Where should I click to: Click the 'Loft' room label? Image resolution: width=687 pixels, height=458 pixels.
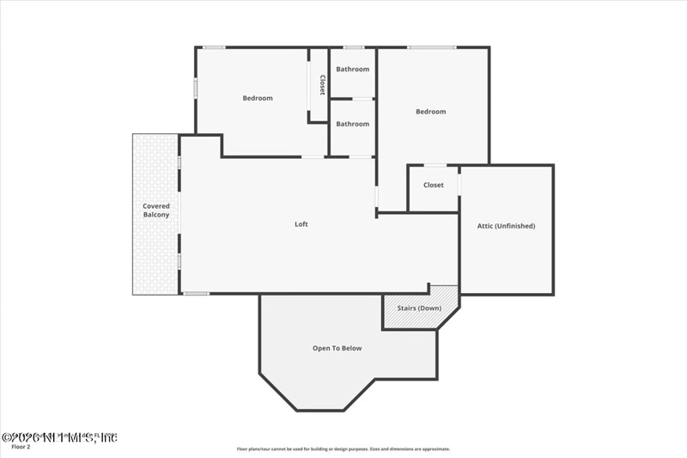tap(301, 224)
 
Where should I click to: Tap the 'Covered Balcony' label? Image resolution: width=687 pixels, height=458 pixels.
tap(155, 211)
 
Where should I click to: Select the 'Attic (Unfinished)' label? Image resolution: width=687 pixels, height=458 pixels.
tap(506, 226)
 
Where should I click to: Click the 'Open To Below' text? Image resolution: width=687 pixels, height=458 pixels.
tap(337, 348)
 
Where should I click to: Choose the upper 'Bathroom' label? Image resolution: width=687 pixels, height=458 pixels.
tap(352, 70)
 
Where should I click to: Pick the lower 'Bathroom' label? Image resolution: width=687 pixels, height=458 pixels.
tap(352, 124)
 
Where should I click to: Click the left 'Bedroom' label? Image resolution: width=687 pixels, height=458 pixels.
tap(257, 98)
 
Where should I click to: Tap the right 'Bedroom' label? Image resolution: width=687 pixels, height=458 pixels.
tap(430, 112)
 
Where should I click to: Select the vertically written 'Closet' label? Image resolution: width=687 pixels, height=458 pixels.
tap(322, 84)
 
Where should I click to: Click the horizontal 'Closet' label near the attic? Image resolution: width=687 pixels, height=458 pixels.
tap(433, 185)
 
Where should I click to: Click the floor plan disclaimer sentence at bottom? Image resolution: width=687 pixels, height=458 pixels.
tap(343, 449)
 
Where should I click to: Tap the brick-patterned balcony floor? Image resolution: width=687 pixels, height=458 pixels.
tap(155, 258)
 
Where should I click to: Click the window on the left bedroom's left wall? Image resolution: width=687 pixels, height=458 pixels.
tap(196, 88)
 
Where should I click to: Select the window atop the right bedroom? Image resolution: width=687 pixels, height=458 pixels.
tap(431, 47)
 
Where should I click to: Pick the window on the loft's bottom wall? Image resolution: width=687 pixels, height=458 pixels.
tap(196, 294)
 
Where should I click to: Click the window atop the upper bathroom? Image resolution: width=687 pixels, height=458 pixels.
tap(353, 47)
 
